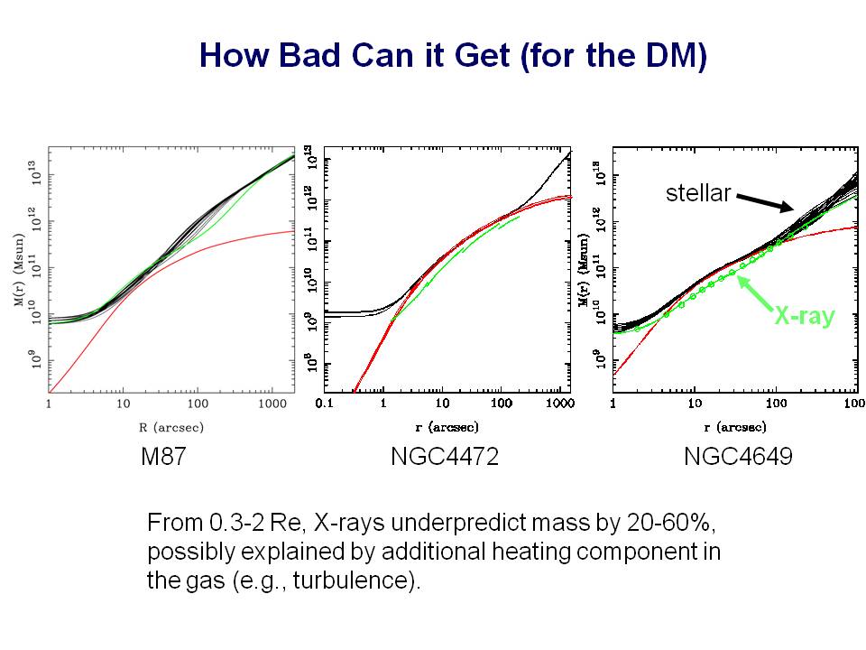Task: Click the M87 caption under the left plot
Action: pyautogui.click(x=163, y=457)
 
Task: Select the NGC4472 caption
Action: pyautogui.click(x=445, y=457)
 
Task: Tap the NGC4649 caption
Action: pyautogui.click(x=738, y=457)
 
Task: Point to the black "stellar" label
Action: pyautogui.click(x=697, y=192)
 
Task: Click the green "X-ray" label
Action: pyautogui.click(x=805, y=315)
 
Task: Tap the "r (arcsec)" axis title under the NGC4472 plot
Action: pyautogui.click(x=442, y=425)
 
